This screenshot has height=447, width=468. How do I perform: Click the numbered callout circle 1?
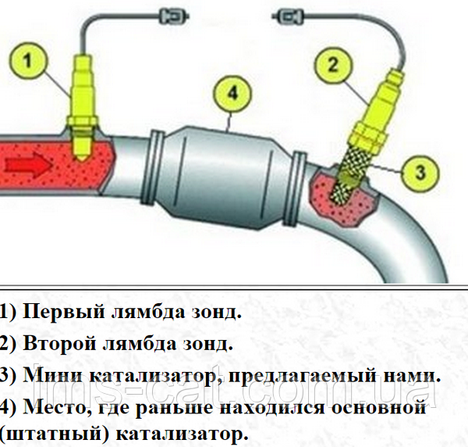[x=28, y=62]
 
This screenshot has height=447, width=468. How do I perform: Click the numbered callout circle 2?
[x=334, y=64]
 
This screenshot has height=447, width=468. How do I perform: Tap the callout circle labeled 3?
[x=420, y=173]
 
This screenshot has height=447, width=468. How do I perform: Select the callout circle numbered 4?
[x=232, y=93]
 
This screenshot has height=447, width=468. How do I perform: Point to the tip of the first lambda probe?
[x=82, y=160]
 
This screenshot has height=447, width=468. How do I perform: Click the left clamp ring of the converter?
[x=154, y=166]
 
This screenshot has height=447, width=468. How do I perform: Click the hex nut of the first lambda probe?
[x=82, y=122]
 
